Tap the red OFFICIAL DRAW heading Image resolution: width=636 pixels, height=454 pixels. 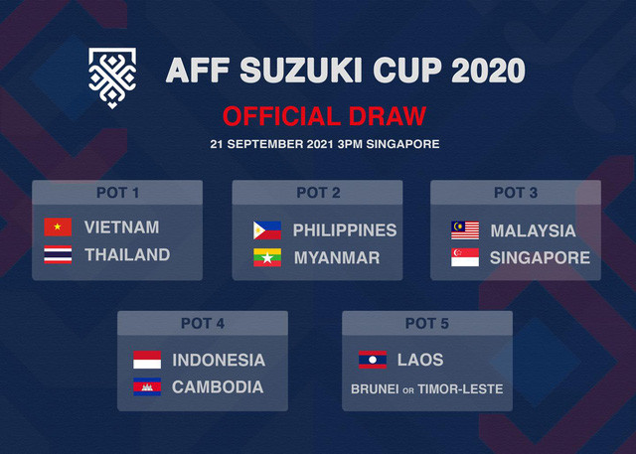(x=324, y=115)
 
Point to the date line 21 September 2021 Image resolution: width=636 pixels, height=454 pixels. (x=324, y=144)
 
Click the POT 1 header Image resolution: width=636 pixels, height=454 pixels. (x=117, y=192)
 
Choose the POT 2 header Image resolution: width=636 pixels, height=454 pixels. (x=318, y=192)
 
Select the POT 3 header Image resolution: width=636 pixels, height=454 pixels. (x=515, y=192)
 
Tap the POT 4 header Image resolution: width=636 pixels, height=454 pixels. (x=203, y=323)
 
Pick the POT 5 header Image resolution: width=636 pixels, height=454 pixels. (x=427, y=323)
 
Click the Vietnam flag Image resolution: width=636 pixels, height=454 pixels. (x=58, y=227)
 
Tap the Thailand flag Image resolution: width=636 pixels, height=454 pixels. (x=58, y=255)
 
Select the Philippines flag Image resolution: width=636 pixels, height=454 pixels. (x=267, y=230)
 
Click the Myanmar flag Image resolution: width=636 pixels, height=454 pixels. (x=267, y=258)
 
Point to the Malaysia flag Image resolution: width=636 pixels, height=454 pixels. (x=464, y=230)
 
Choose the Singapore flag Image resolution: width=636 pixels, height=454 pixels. (x=464, y=258)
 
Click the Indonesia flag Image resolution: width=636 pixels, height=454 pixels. (x=147, y=360)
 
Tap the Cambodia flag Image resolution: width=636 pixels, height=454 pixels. (x=147, y=387)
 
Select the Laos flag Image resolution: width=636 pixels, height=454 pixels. (x=373, y=360)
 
